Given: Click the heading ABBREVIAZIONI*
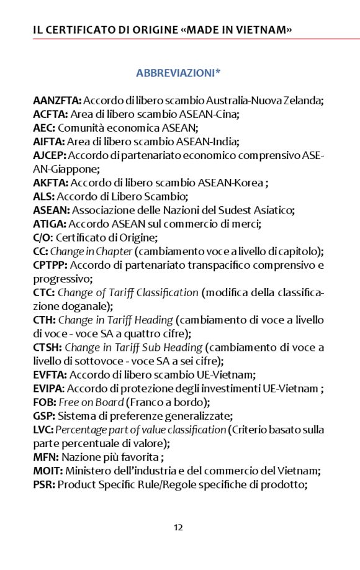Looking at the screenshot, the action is pyautogui.click(x=179, y=73).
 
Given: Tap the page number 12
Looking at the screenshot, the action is pyautogui.click(x=178, y=527).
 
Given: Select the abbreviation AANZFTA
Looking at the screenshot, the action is pyautogui.click(x=57, y=100).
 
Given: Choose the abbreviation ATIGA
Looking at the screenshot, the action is pyautogui.click(x=50, y=224).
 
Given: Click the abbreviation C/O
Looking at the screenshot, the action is pyautogui.click(x=43, y=237).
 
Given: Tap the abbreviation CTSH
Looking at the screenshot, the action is pyautogui.click(x=47, y=347).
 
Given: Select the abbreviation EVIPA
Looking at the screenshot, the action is pyautogui.click(x=48, y=389).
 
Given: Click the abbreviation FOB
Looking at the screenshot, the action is pyautogui.click(x=44, y=402).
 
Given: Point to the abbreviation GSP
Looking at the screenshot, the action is pyautogui.click(x=43, y=416).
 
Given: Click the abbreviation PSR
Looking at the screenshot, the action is pyautogui.click(x=43, y=484).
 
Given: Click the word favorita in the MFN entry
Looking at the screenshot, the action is pyautogui.click(x=140, y=457).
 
